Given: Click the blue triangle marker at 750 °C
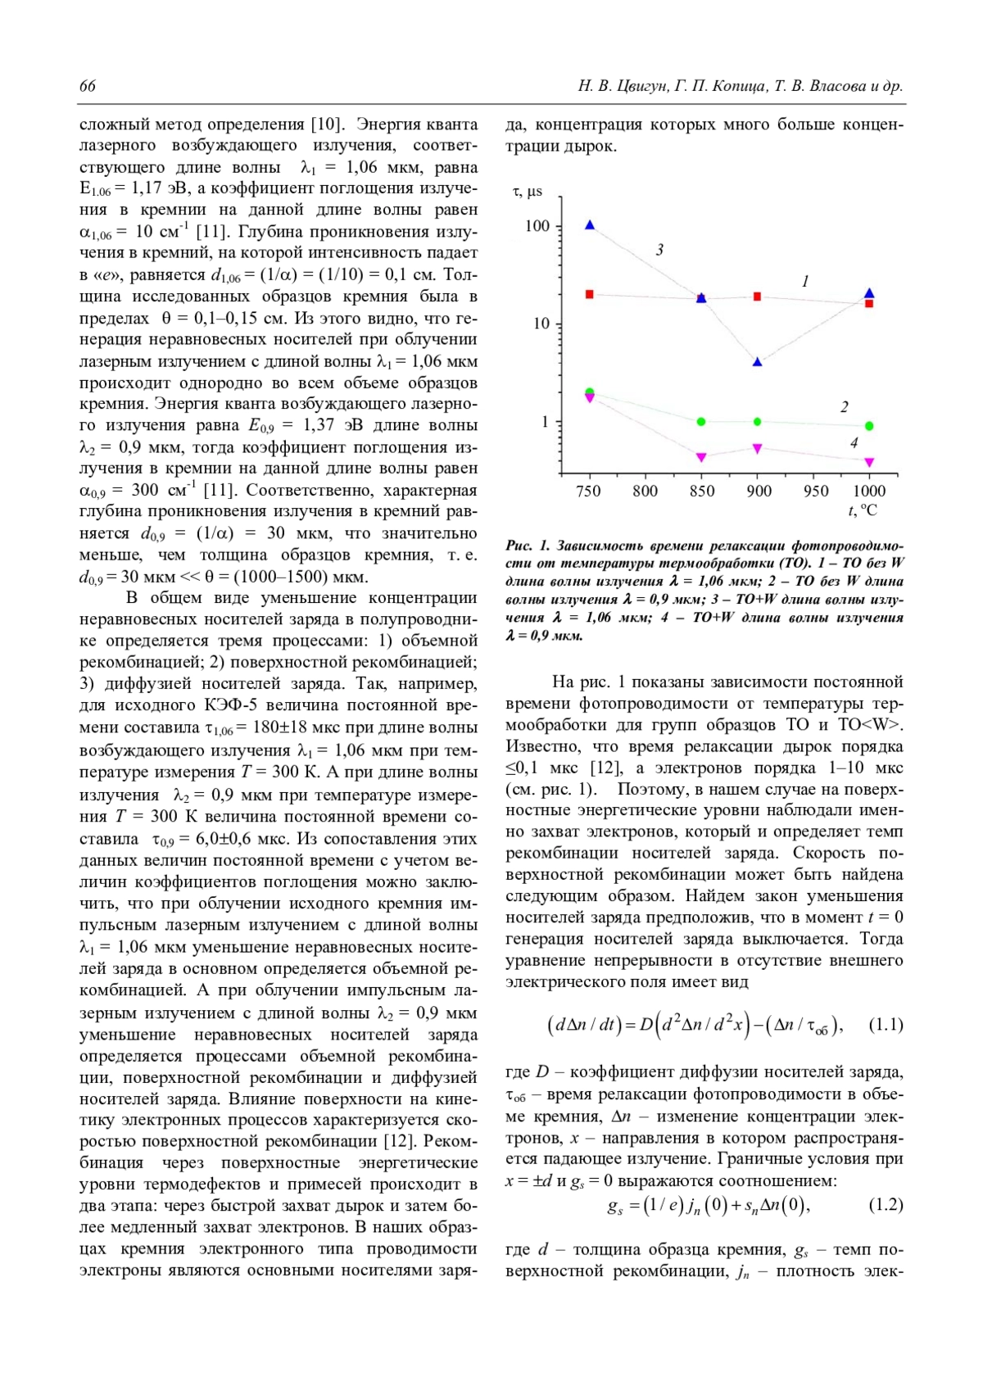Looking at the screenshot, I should coord(590,225).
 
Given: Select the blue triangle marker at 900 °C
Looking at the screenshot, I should coord(758,361).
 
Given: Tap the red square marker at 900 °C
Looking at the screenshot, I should coord(758,297).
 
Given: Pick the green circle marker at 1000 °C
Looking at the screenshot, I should coord(869,426).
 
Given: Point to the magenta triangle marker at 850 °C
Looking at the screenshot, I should coord(701,457).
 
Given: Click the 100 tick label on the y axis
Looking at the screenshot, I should coord(537,226).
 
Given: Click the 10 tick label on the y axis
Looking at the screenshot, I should coord(541,324).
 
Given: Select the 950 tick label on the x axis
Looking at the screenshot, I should coord(815,492).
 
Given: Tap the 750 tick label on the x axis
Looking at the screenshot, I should coord(589,492).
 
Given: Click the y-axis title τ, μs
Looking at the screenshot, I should coord(528,192).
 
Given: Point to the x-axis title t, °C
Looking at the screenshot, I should coord(863,511).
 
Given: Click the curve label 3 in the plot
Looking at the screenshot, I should coord(659,250).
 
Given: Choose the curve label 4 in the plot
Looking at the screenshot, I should coord(854,443).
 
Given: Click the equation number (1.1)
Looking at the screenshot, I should coord(886,1025).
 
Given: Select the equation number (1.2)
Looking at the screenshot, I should coord(886,1205).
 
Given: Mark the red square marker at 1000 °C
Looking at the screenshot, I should coord(869,304).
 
